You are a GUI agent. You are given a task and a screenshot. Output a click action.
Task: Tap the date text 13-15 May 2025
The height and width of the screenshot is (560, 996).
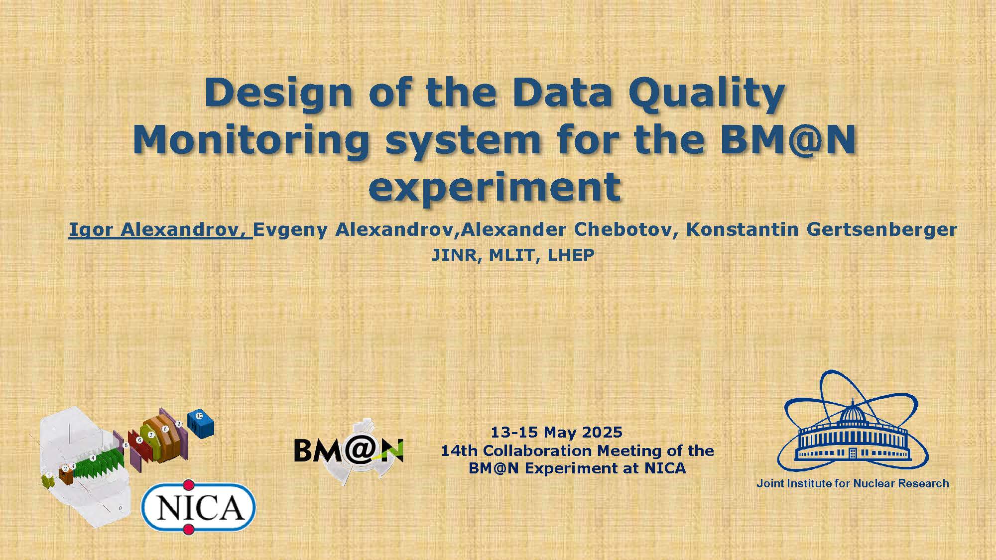click(557, 432)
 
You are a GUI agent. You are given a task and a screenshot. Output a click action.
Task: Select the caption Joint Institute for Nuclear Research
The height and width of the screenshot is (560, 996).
click(853, 483)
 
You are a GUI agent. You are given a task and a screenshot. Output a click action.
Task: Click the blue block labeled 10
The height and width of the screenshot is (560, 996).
click(200, 424)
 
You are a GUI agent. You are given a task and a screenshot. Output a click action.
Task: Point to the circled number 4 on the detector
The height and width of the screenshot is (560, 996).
click(93, 458)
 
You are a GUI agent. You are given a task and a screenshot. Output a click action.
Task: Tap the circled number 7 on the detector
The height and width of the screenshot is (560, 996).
click(151, 435)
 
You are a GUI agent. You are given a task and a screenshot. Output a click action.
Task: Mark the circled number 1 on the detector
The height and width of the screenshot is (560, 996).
click(49, 475)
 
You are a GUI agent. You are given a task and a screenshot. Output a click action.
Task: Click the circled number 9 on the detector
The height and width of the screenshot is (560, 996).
click(178, 424)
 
